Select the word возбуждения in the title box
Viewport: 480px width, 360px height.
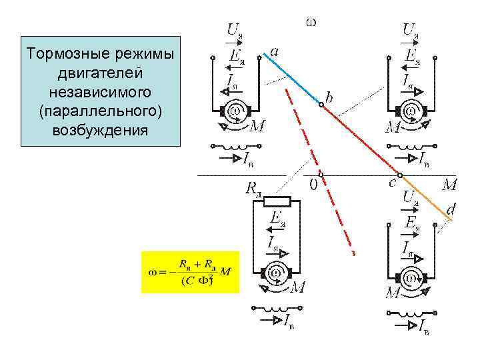coord(101,129)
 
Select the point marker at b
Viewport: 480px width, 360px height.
coord(321,104)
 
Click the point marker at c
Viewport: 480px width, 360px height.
coord(401,176)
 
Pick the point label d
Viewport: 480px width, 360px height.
coord(451,210)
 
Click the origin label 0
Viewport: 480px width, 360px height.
coord(313,186)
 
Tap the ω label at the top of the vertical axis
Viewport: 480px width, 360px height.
coord(311,21)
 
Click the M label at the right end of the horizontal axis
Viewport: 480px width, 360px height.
coord(449,183)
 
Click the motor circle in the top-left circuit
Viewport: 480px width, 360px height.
coord(235,109)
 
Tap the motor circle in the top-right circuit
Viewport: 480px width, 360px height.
coord(411,109)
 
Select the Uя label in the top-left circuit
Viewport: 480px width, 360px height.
coord(235,30)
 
